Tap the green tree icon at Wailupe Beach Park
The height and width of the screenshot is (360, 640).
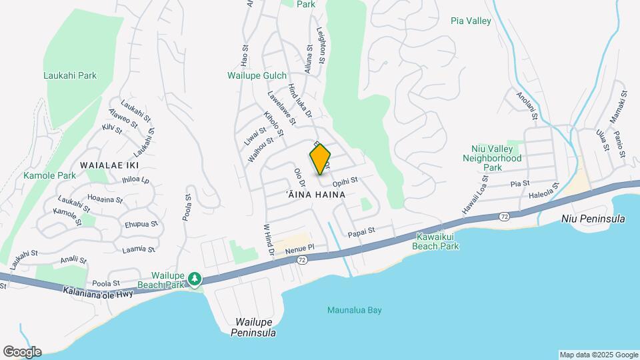pos(195,278)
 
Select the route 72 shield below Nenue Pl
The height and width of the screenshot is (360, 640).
pos(303,259)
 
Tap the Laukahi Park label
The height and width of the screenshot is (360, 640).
pos(70,76)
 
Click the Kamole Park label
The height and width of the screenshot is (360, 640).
pos(49,175)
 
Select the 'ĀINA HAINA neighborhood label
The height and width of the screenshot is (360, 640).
pos(315,195)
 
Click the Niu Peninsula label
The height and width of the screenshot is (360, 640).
pos(593,219)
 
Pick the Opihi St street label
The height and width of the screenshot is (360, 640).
pos(345,180)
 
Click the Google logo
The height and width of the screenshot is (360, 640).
pos(22,351)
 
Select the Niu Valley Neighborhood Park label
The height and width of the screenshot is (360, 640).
pos(493,159)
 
